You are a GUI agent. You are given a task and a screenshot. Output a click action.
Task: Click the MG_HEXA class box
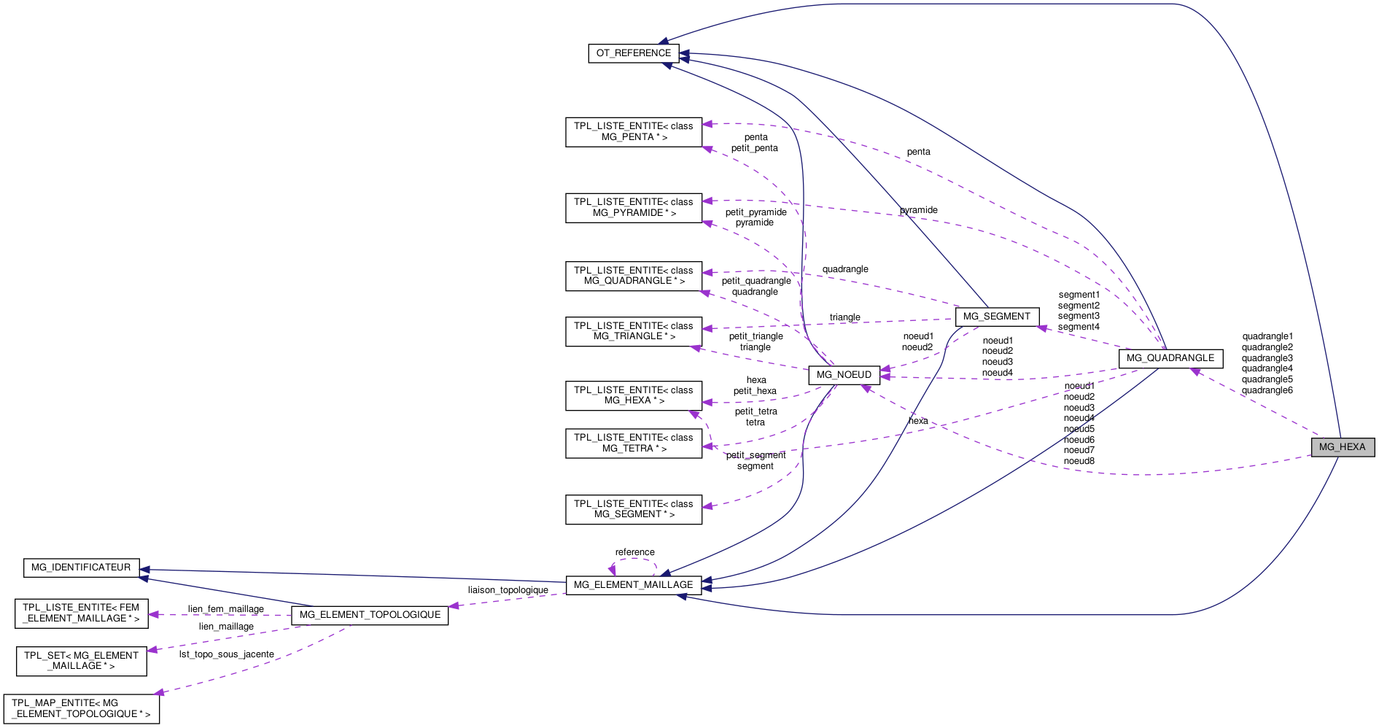tap(1342, 447)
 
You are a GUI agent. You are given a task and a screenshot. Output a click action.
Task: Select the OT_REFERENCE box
tap(633, 53)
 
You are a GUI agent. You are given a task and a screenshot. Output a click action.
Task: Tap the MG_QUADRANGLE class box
tap(1170, 358)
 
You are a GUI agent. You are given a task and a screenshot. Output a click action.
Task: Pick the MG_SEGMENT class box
tap(996, 317)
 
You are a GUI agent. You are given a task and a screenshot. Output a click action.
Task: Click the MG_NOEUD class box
tap(843, 375)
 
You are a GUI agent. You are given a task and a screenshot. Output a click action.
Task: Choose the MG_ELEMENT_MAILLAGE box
tap(633, 585)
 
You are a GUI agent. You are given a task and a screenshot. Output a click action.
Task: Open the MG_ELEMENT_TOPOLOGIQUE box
tap(369, 615)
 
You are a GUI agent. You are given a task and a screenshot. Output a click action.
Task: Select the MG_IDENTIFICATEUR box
tap(81, 568)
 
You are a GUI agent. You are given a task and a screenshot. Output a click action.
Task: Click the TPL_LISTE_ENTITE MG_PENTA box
tap(633, 132)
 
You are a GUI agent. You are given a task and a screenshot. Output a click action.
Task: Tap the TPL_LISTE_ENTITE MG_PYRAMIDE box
tap(633, 208)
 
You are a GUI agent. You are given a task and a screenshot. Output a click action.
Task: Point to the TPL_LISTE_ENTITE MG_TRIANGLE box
tap(633, 331)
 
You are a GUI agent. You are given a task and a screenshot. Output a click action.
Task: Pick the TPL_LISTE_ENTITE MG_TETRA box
tap(633, 444)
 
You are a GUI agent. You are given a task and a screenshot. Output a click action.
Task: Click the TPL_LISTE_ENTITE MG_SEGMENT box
tap(633, 509)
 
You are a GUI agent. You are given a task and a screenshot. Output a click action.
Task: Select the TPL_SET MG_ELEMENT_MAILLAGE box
tap(81, 661)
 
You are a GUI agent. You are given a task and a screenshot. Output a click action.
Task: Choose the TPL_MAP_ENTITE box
tap(81, 709)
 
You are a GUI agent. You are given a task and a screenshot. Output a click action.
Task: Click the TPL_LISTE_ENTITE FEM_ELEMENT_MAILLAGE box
tap(81, 613)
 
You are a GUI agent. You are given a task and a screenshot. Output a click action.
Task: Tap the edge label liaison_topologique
tap(508, 590)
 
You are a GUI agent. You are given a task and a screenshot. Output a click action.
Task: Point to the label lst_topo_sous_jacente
tap(226, 654)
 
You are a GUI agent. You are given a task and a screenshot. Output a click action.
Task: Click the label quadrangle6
tap(1267, 390)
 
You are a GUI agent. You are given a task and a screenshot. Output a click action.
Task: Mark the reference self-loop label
tap(634, 552)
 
